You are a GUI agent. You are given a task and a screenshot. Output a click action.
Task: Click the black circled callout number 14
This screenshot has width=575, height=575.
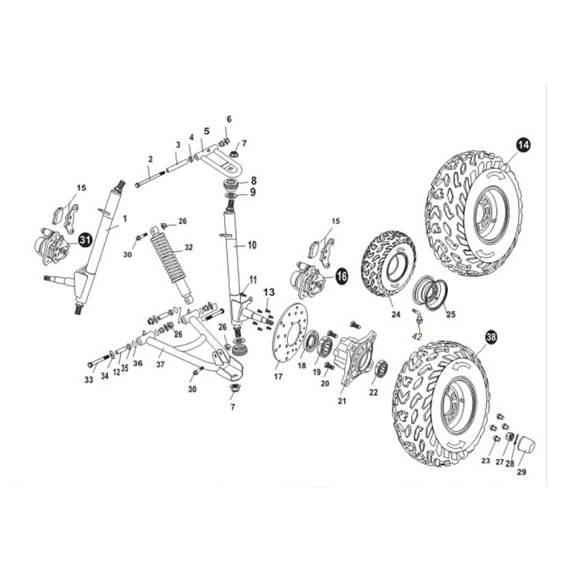tap(523, 144)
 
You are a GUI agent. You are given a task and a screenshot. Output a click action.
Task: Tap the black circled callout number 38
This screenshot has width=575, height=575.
tap(492, 338)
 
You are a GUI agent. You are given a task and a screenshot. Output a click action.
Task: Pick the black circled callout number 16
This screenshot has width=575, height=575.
tap(341, 276)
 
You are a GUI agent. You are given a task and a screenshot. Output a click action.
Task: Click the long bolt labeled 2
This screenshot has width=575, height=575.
tap(149, 178)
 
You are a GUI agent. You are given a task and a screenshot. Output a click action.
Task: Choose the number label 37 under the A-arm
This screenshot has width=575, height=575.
tap(160, 364)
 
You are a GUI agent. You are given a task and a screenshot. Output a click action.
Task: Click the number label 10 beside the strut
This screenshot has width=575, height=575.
tap(252, 245)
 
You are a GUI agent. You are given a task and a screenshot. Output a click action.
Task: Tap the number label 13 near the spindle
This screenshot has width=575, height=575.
tap(269, 292)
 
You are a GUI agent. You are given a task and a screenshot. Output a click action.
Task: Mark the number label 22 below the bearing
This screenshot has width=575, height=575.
tap(373, 392)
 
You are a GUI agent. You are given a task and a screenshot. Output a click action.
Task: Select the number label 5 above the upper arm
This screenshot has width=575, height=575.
tap(206, 131)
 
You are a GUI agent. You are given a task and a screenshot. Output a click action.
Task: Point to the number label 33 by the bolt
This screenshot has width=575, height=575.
tap(89, 380)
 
